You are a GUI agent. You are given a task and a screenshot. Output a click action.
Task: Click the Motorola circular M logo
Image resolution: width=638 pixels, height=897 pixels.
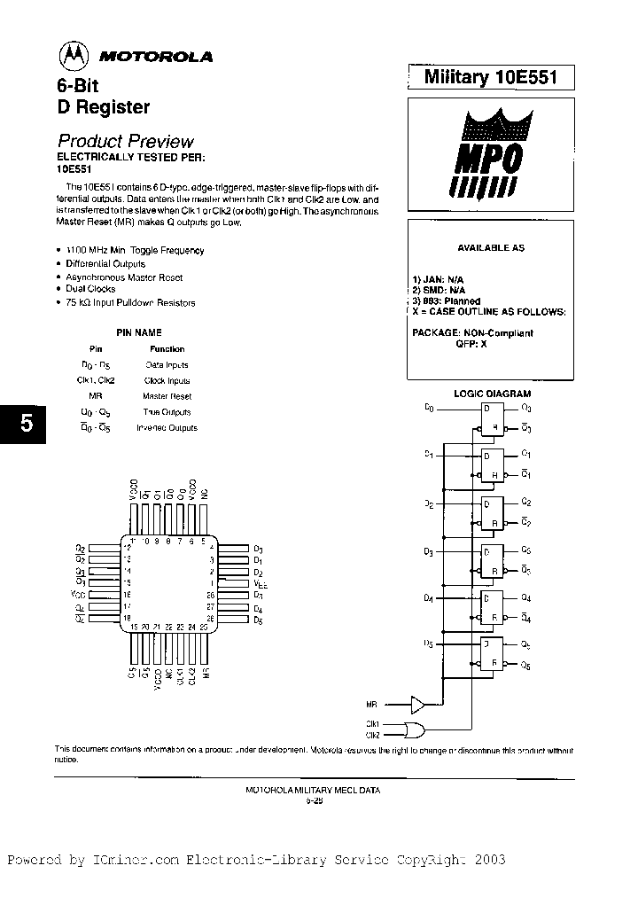coord(74,56)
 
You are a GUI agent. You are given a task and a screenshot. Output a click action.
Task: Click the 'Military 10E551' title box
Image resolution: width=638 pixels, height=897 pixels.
coord(490,77)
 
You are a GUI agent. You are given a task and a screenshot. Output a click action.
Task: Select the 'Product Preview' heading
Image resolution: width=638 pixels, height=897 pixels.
coord(125,141)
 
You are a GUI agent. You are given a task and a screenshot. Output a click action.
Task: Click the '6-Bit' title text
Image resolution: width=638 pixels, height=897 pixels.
coord(78,87)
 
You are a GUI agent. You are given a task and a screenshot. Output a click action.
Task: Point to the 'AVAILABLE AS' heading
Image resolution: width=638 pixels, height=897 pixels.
coord(490,248)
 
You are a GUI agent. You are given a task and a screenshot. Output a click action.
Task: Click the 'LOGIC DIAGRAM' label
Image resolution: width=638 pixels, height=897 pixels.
coord(492,393)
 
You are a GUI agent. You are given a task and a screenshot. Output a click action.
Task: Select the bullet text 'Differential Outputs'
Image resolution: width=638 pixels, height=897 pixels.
coord(105,264)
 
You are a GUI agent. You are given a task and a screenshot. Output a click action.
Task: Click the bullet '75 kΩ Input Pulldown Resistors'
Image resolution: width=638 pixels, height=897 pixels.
coord(130,303)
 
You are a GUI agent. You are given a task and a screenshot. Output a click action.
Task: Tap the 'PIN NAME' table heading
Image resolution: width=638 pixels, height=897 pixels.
coord(139,332)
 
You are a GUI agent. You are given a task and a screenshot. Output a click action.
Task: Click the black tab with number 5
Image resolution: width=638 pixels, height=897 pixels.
coord(27,424)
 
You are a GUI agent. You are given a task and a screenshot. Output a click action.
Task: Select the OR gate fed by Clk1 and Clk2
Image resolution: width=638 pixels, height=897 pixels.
coord(413,729)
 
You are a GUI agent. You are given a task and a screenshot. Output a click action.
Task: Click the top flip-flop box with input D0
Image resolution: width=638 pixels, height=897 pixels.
coord(491,417)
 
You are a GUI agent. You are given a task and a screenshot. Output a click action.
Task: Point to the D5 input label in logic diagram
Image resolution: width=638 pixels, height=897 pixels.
coord(428,643)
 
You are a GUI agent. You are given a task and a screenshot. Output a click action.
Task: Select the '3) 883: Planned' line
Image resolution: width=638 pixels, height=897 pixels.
coord(446,301)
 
